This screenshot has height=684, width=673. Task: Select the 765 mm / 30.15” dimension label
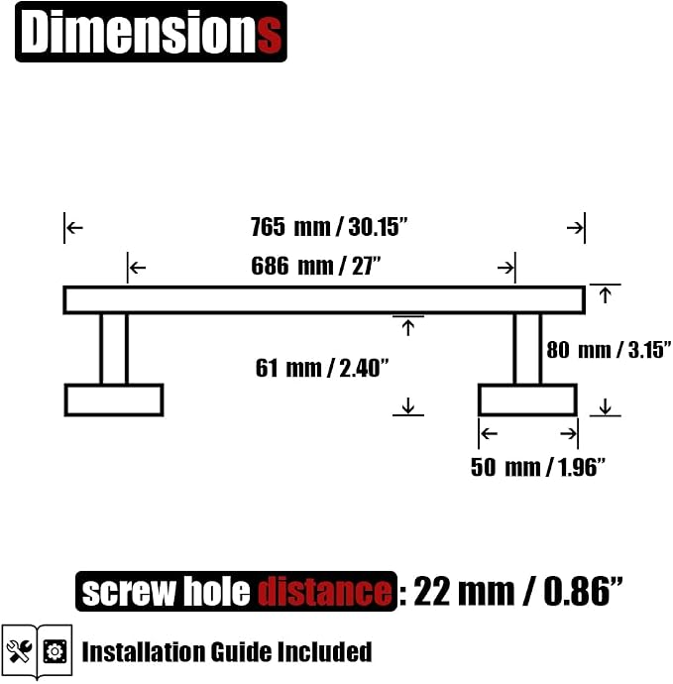329,227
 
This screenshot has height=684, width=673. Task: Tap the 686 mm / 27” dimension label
316,266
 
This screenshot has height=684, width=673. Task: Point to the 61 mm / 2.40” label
322,368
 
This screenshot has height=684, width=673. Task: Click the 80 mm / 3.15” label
609,350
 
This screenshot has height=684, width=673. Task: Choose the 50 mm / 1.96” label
538,467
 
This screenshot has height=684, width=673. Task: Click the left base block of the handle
114,400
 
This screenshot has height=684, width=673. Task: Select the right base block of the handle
527,400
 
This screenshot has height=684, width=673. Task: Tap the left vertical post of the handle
114,349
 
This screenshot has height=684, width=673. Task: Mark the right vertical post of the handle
527,349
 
